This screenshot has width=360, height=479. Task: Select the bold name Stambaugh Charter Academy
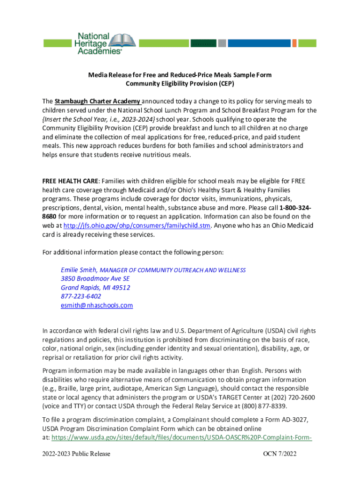[x=97, y=102]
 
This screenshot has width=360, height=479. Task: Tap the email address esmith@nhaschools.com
[x=97, y=305]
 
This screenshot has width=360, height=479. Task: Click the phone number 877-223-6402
[x=80, y=297]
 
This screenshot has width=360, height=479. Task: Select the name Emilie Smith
[x=79, y=270]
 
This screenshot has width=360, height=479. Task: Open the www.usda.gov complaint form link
[x=181, y=438]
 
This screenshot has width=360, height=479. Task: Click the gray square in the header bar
[x=223, y=43]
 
